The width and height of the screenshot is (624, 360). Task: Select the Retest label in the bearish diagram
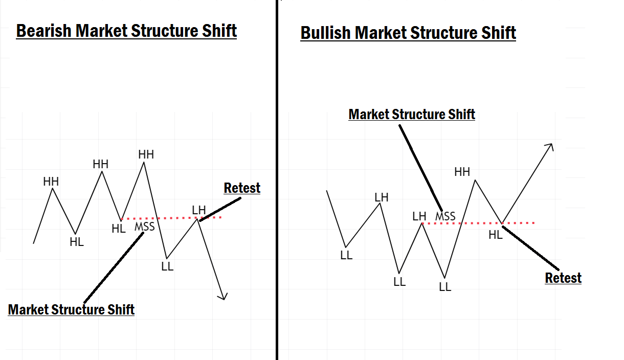(242, 188)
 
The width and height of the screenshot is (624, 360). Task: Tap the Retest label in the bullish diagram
(563, 278)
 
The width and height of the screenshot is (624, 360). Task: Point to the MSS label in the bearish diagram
(144, 226)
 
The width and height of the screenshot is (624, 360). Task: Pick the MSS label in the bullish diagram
(445, 216)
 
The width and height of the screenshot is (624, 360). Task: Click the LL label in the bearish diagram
(167, 266)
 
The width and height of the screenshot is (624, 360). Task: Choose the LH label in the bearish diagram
(199, 210)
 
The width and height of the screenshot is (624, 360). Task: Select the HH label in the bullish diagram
(462, 172)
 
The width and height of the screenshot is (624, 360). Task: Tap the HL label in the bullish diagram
(496, 235)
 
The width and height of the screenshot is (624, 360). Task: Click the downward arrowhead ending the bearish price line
(223, 296)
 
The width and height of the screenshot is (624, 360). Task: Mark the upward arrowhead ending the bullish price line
(550, 147)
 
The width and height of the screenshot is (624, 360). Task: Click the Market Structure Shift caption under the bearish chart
(71, 309)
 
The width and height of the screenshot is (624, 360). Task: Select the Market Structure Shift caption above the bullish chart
(412, 114)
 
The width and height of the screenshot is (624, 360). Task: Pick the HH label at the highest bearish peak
(146, 154)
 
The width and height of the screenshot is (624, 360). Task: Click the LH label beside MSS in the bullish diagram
(419, 216)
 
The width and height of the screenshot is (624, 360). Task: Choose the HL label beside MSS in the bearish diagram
(119, 229)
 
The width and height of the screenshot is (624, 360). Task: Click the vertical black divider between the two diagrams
(277, 179)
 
